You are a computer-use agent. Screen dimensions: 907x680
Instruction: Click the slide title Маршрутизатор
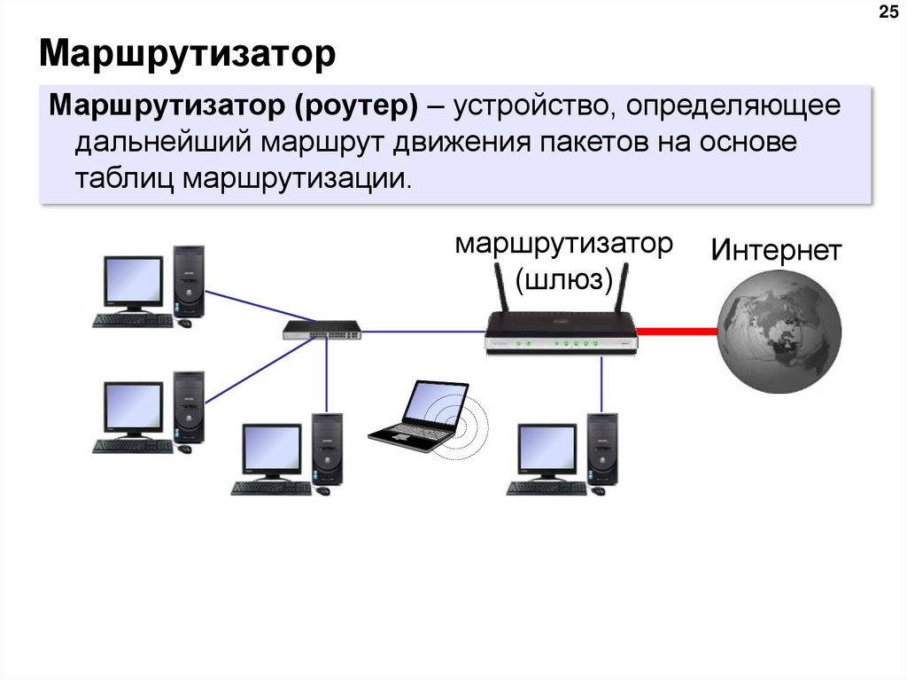(187, 54)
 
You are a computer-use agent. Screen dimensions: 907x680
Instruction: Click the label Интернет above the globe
(775, 251)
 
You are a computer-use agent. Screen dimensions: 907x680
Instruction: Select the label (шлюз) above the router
(564, 279)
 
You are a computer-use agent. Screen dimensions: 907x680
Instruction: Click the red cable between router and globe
(678, 332)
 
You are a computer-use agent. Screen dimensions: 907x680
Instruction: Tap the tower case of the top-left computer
(189, 281)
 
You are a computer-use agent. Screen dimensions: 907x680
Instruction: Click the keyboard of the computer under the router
(546, 487)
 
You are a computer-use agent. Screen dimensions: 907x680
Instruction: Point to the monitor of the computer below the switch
(271, 449)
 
